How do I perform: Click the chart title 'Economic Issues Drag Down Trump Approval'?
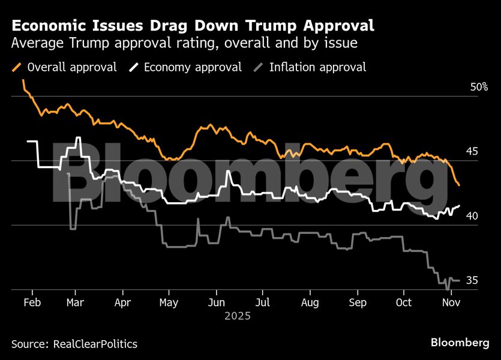tap(193, 26)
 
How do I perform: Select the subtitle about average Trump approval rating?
tap(185, 43)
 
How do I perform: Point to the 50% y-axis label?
tap(479, 87)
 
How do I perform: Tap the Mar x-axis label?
tap(74, 302)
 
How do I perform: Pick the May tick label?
tap(169, 302)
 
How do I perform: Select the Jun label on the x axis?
tap(216, 302)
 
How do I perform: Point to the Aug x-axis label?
tap(310, 302)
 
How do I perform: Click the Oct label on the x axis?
tap(404, 302)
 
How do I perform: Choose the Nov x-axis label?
tap(451, 302)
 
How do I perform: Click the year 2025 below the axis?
tap(238, 315)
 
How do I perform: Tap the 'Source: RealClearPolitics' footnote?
tap(74, 344)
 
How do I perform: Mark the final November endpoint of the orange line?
tap(459, 185)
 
